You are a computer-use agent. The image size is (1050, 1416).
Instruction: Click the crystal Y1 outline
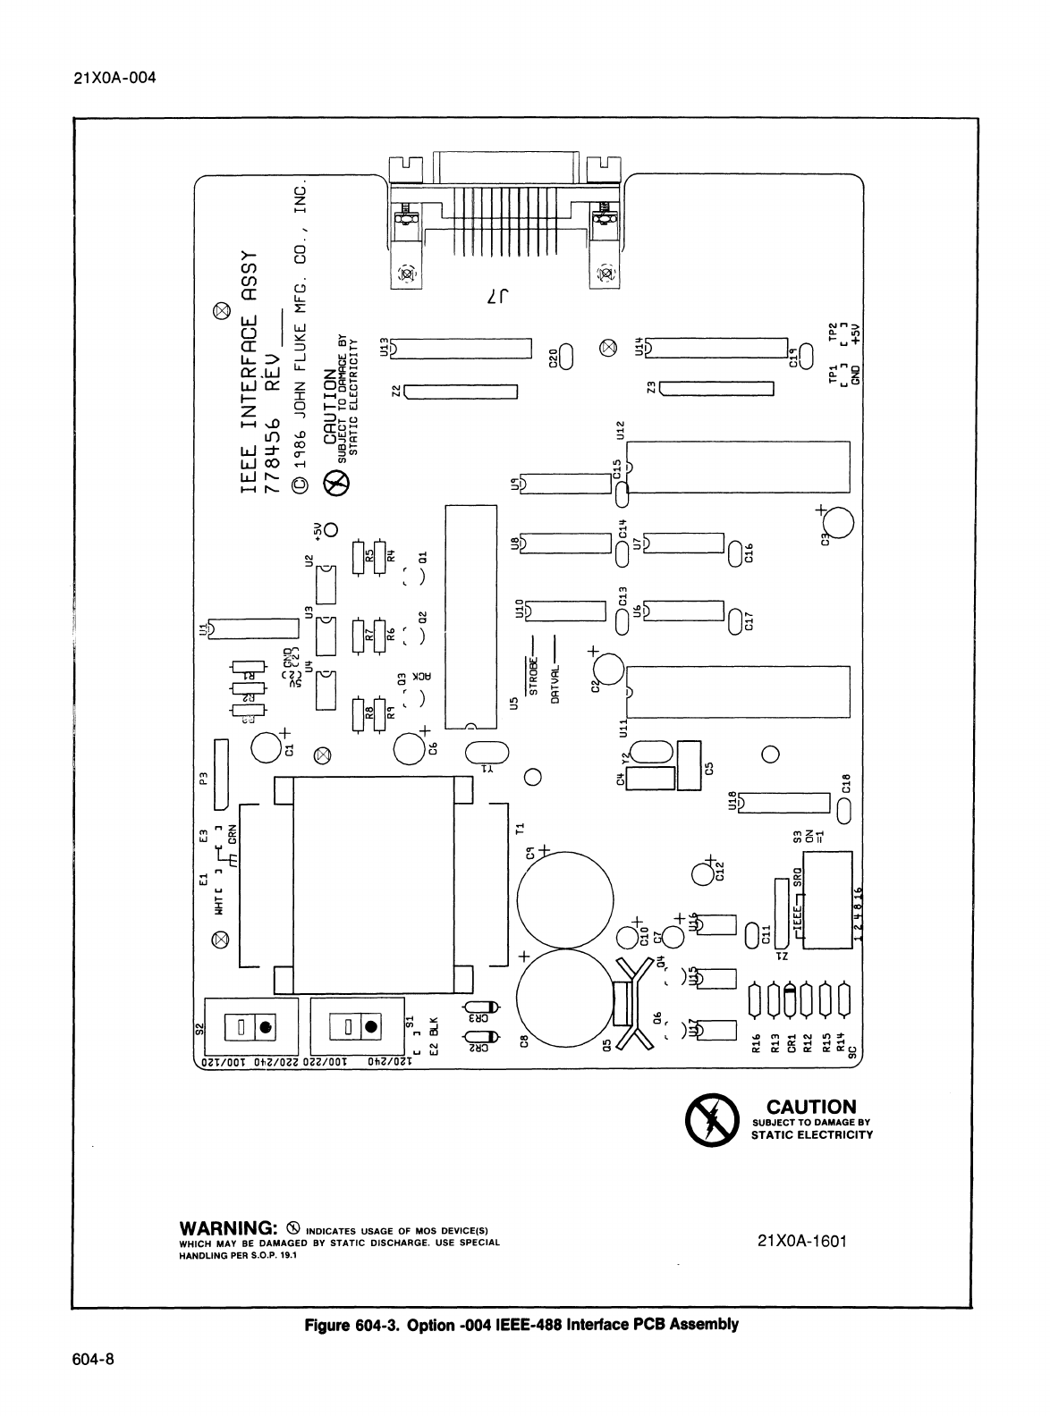(487, 754)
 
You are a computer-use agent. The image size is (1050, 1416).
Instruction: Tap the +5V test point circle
(330, 529)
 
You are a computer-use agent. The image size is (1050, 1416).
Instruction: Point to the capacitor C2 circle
(607, 669)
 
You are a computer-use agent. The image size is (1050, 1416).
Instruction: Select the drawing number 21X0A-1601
(801, 1241)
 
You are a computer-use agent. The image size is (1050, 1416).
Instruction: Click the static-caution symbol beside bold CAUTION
(711, 1120)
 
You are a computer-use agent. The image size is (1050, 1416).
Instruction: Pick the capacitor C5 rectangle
(688, 765)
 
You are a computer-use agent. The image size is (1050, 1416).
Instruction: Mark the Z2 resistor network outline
(461, 391)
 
